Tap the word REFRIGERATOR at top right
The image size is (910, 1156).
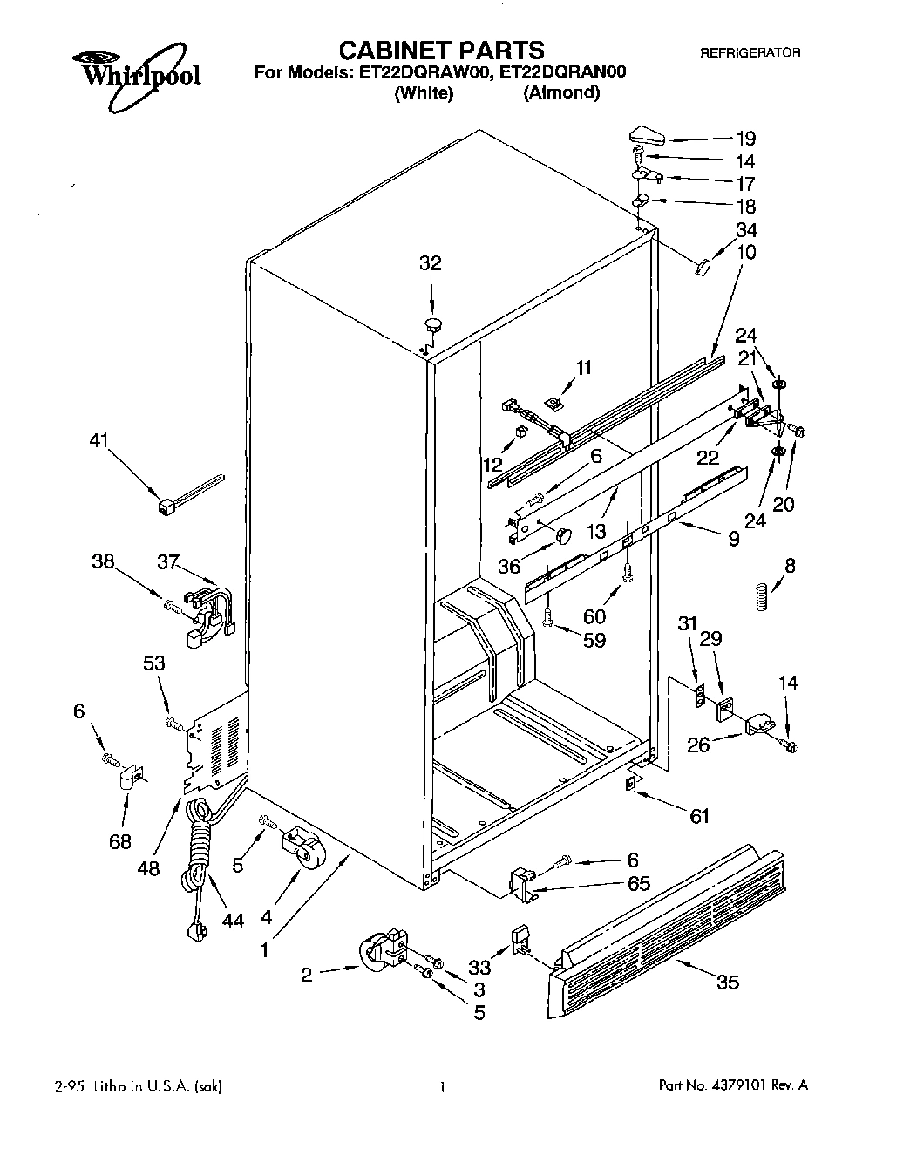click(x=750, y=53)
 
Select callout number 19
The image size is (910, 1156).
click(x=745, y=138)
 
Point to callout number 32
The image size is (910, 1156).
click(x=431, y=263)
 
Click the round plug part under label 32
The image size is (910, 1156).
click(x=433, y=325)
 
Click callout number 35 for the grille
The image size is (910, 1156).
click(x=727, y=983)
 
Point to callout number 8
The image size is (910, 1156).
click(x=789, y=566)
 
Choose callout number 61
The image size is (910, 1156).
click(x=699, y=816)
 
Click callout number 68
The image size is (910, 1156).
click(x=120, y=841)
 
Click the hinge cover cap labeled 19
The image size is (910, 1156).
click(x=645, y=136)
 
